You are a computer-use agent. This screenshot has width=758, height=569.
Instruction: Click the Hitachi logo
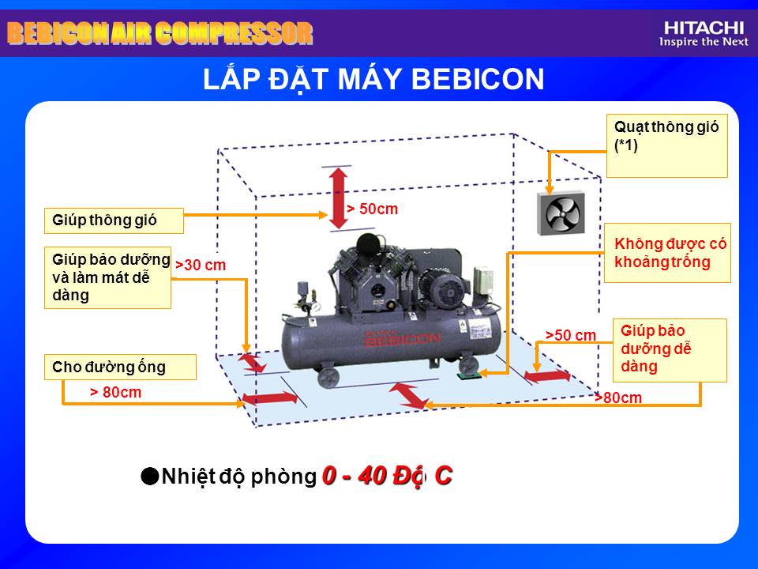click(x=704, y=34)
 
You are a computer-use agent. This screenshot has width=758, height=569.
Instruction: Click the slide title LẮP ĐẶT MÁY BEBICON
click(x=373, y=79)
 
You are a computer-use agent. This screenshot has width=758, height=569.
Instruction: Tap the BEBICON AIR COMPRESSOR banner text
click(x=160, y=33)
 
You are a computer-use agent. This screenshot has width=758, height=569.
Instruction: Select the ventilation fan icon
click(x=561, y=213)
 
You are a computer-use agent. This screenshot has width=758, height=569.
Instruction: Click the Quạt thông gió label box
click(x=667, y=146)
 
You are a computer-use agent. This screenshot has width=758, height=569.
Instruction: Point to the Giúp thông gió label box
click(x=114, y=220)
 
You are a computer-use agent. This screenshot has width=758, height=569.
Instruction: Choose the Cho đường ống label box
click(x=120, y=367)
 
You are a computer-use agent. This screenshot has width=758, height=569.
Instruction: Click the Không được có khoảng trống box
click(x=667, y=253)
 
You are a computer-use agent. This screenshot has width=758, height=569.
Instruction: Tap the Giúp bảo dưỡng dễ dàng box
click(x=670, y=350)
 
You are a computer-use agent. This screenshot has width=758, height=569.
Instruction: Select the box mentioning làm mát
click(x=108, y=277)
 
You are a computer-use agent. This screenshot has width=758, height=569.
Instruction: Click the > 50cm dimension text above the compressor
click(x=372, y=209)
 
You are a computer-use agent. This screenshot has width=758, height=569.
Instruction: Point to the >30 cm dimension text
click(x=201, y=266)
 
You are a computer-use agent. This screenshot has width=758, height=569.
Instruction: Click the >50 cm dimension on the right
click(x=570, y=335)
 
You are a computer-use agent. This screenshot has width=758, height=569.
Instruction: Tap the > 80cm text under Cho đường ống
click(x=115, y=393)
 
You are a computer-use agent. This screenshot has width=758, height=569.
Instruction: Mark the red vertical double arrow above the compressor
click(x=339, y=198)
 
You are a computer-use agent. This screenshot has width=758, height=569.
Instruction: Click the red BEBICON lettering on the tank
click(x=403, y=339)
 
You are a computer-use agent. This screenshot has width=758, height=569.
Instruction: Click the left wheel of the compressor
click(x=328, y=377)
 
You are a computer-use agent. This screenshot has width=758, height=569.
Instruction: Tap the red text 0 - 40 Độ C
click(x=387, y=476)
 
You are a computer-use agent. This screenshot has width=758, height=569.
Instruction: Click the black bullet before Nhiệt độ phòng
click(x=150, y=476)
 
